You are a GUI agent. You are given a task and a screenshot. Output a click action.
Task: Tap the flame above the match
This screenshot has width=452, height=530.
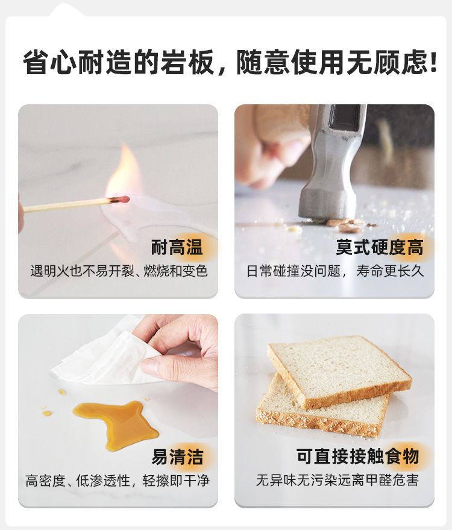(x=124, y=172)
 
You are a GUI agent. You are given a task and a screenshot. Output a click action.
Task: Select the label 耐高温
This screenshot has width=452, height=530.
(x=177, y=247)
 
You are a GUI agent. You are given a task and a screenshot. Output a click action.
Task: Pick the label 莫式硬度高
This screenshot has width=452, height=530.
(x=379, y=247)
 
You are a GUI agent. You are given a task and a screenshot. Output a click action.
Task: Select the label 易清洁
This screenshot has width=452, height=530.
(x=177, y=456)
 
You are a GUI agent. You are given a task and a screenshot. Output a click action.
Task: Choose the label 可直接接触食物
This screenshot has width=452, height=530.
(x=357, y=456)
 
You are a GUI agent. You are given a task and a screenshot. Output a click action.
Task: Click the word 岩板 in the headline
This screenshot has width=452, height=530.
(x=187, y=62)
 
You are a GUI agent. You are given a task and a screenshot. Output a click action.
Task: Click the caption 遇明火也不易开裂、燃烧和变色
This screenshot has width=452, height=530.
(x=119, y=271)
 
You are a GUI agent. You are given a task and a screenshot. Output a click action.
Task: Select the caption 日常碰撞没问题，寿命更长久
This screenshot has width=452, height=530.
(x=334, y=271)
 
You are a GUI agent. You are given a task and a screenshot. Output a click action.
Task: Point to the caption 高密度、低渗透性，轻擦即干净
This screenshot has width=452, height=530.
(x=118, y=481)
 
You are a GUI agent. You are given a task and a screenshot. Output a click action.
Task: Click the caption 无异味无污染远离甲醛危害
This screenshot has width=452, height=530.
(x=337, y=480)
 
